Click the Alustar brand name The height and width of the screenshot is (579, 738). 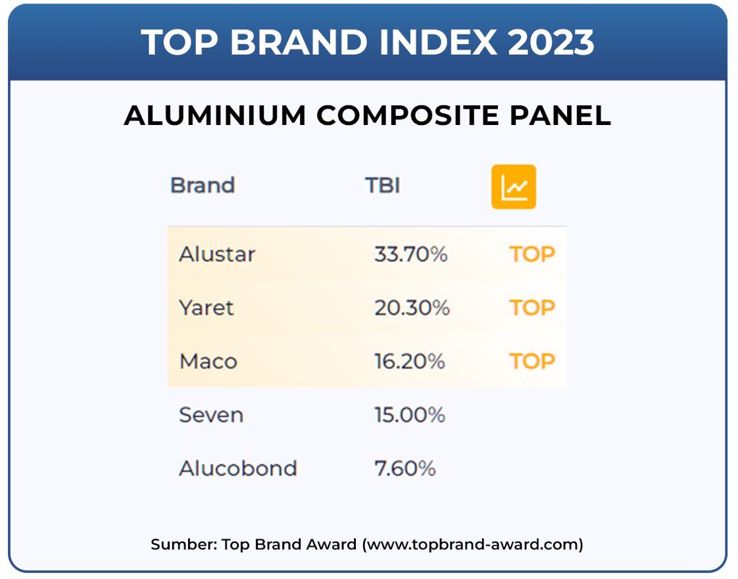[x=217, y=254]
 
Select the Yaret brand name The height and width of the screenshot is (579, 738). [x=206, y=308]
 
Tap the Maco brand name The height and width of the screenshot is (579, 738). [x=208, y=361]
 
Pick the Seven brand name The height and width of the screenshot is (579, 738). [x=211, y=415]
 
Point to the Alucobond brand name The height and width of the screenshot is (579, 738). [x=238, y=469]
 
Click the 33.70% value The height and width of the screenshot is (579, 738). [x=411, y=254]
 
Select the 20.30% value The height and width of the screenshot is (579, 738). [x=412, y=308]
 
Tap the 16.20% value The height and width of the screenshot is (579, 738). [x=410, y=361]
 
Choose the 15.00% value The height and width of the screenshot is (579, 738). [x=410, y=415]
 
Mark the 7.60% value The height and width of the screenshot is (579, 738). [x=405, y=469]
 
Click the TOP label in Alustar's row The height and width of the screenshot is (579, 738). [x=532, y=254]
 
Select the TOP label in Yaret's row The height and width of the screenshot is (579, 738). [x=532, y=308]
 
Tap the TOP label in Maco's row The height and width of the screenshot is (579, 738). [x=532, y=361]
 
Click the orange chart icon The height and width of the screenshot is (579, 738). [x=514, y=187]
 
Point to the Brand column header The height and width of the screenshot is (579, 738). [x=203, y=186]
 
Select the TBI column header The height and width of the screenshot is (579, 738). [x=383, y=186]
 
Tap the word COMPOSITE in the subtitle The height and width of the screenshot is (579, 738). [x=408, y=115]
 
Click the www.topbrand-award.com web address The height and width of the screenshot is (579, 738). [x=472, y=545]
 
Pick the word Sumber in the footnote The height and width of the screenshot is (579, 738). [x=184, y=545]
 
